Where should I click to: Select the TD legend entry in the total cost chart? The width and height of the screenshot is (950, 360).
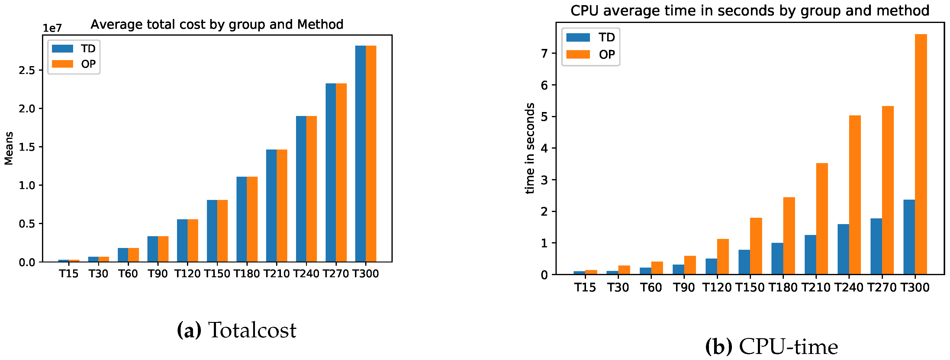(74, 49)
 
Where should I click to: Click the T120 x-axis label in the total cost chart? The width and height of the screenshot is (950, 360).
(187, 274)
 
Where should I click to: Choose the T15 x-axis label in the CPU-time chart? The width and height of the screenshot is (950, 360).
(585, 287)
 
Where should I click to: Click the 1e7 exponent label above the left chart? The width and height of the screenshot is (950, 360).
(52, 28)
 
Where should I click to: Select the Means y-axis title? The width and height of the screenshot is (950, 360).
(9, 148)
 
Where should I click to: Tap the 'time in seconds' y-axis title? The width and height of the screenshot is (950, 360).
(530, 148)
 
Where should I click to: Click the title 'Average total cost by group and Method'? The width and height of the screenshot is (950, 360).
(217, 24)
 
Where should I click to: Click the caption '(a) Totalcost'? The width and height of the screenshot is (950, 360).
(237, 330)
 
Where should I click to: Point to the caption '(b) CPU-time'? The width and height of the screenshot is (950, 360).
(771, 347)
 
